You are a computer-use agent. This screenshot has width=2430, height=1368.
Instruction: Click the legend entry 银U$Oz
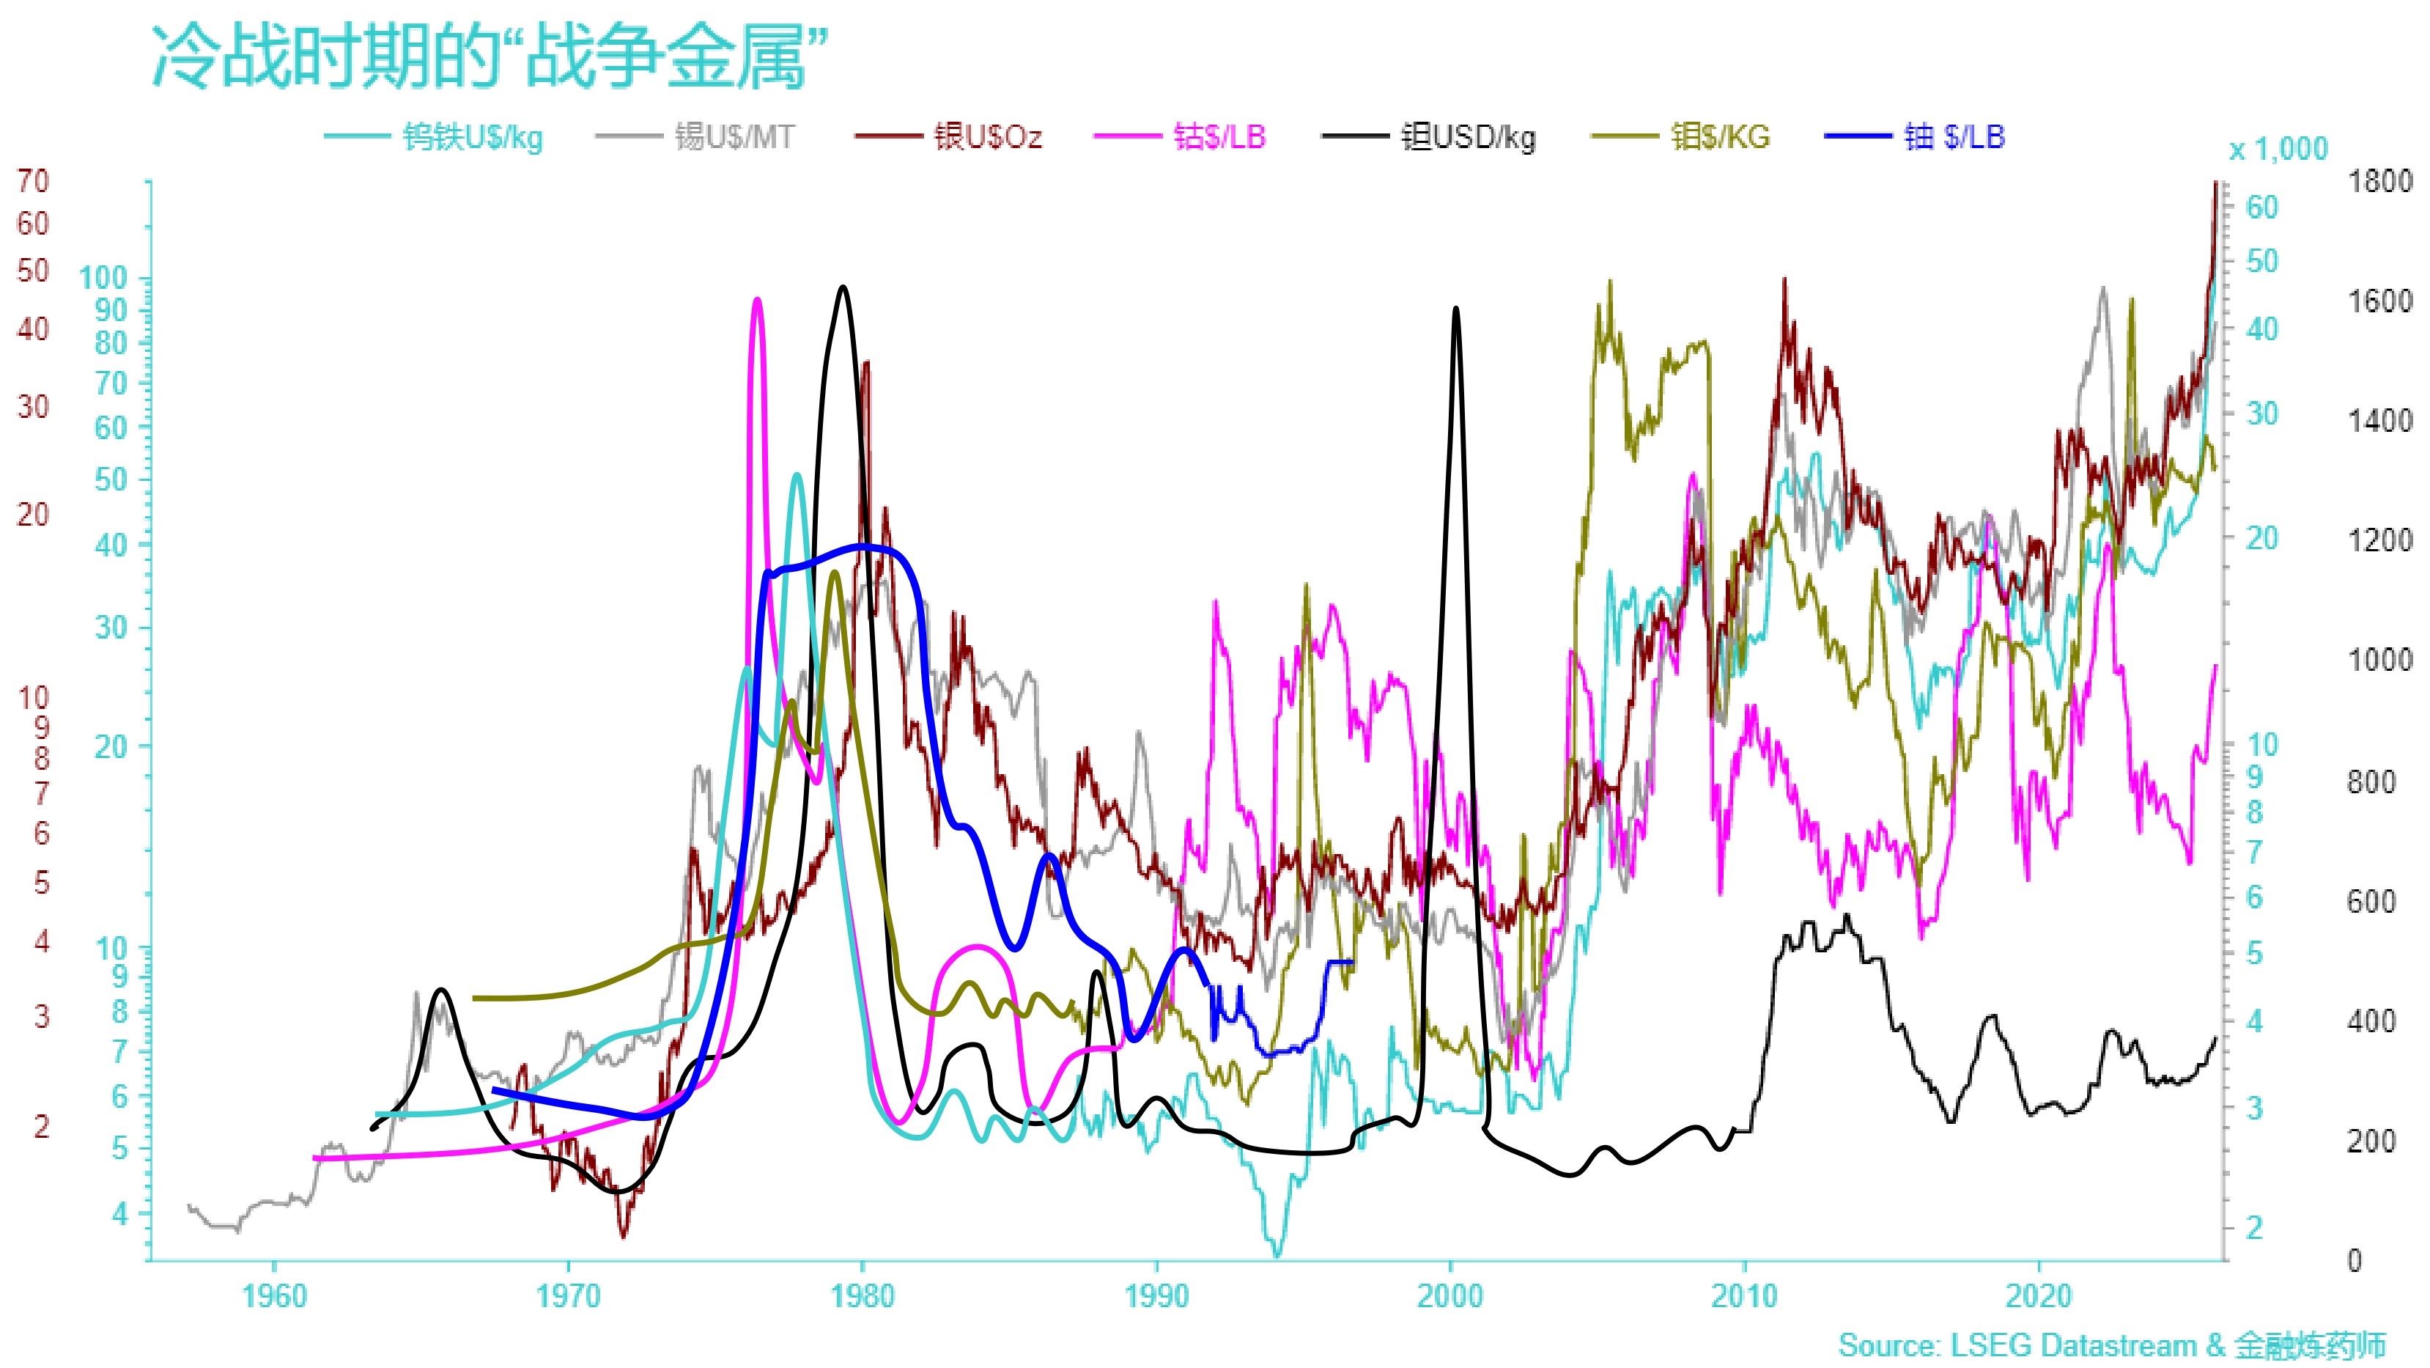986,138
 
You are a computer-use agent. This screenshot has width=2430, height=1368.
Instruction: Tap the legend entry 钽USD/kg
1468,138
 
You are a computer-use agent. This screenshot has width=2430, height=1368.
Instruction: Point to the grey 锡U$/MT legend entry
734,138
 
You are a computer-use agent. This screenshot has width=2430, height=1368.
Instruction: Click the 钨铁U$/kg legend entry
472,138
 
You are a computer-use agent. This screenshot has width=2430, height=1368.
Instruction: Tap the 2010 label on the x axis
1744,1296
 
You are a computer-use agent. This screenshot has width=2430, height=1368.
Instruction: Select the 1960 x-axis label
273,1296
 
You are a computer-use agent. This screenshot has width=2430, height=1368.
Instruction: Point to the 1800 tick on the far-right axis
2379,181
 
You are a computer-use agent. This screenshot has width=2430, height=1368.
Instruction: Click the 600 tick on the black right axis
2370,901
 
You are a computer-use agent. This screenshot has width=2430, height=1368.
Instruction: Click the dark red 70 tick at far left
33,180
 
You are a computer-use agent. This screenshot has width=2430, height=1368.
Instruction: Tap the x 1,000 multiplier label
2277,149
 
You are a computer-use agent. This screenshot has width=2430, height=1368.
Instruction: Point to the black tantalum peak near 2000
1455,309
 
